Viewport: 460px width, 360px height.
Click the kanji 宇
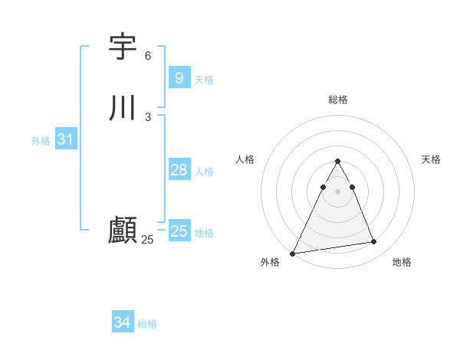[x=123, y=47]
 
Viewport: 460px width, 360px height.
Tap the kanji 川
[x=123, y=108]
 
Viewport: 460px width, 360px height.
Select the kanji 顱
[x=123, y=230]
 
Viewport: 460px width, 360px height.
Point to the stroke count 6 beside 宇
[x=148, y=56]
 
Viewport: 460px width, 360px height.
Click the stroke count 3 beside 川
[x=148, y=116]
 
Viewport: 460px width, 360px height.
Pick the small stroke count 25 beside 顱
[x=147, y=240]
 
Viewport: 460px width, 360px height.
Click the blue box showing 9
[x=179, y=77]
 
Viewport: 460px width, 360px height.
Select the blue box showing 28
[x=179, y=170]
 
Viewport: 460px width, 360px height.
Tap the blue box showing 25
[x=179, y=231]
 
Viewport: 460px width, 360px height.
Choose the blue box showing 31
[x=65, y=139]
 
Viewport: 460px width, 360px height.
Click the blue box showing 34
[x=122, y=322]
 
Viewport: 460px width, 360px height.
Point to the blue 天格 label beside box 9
[x=204, y=79]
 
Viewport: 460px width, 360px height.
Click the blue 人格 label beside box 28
[x=204, y=172]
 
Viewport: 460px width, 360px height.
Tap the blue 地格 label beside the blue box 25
[x=204, y=233]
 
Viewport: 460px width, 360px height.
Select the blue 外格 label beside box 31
[x=41, y=141]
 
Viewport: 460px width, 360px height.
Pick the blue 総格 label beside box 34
[x=147, y=324]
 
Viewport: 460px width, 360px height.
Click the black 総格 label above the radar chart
[x=337, y=100]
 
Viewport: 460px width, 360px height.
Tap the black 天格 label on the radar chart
[x=431, y=159]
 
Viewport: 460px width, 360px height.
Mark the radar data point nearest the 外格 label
[x=293, y=253]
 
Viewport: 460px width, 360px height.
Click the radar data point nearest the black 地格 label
[x=374, y=242]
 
